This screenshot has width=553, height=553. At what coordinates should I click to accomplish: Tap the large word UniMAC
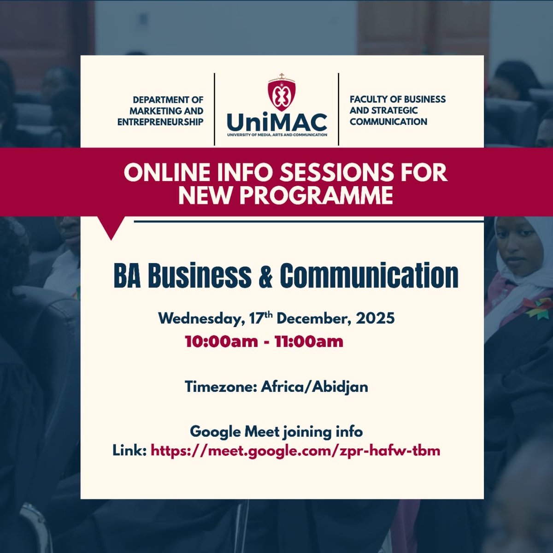point(277,122)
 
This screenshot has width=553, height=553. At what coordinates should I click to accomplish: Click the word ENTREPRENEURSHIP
point(160,122)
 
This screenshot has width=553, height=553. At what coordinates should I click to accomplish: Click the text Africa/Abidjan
point(314,387)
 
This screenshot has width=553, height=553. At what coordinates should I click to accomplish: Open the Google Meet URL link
point(295,450)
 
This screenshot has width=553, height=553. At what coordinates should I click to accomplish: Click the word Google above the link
point(215,432)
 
